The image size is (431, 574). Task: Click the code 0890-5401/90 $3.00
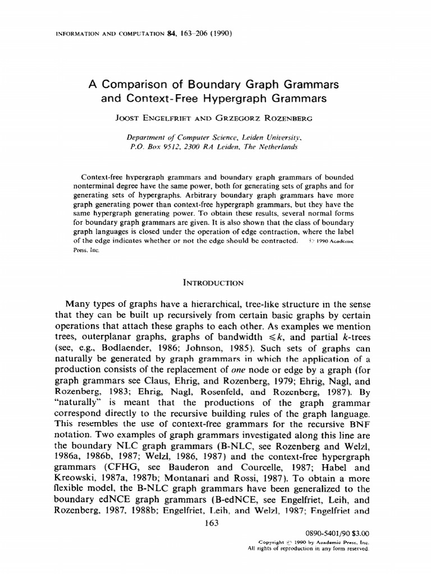[336, 534]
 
